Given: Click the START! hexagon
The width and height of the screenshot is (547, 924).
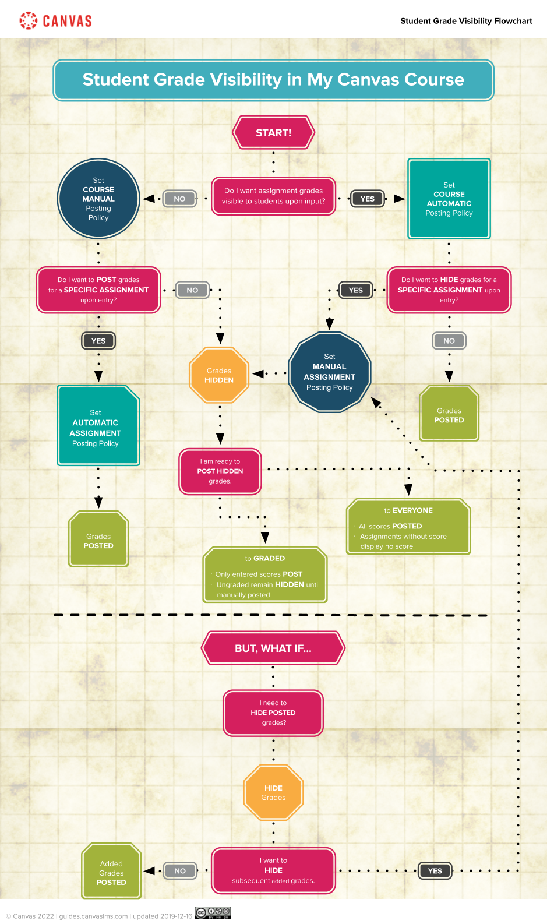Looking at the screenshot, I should tap(273, 132).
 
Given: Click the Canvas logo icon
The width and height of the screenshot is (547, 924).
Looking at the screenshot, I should tap(28, 20).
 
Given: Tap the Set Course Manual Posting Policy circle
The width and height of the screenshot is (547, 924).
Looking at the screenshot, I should tap(98, 199).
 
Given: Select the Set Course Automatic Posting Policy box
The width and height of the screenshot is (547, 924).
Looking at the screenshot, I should tap(449, 199).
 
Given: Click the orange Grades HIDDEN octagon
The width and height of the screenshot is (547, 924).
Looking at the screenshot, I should tap(219, 375).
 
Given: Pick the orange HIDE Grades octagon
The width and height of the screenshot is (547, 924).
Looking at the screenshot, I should tap(273, 792).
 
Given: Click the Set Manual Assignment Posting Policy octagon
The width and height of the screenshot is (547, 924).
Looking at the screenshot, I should tap(330, 372).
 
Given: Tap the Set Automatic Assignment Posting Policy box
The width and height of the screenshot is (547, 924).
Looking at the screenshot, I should tap(98, 426).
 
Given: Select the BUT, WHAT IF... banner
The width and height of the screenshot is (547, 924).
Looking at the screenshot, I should tap(273, 648).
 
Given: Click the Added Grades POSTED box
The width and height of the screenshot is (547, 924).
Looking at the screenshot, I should tap(111, 872).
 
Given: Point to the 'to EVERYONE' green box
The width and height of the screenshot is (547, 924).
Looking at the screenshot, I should tap(408, 527).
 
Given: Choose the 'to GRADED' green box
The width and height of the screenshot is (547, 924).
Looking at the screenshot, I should tap(265, 575).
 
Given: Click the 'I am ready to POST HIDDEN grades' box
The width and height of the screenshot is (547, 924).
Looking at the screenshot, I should tap(220, 471).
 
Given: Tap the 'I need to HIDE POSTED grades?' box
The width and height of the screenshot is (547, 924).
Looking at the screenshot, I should tap(273, 713).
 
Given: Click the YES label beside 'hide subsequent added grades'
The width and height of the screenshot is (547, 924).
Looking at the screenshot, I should tap(435, 871).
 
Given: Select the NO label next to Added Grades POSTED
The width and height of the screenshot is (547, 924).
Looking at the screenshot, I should tap(180, 871).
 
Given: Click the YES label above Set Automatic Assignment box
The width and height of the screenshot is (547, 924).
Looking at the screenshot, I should tap(98, 341).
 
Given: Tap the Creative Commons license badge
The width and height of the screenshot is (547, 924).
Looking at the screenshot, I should tap(213, 913).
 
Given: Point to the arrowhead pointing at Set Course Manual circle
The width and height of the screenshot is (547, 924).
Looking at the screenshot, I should tap(149, 199).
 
